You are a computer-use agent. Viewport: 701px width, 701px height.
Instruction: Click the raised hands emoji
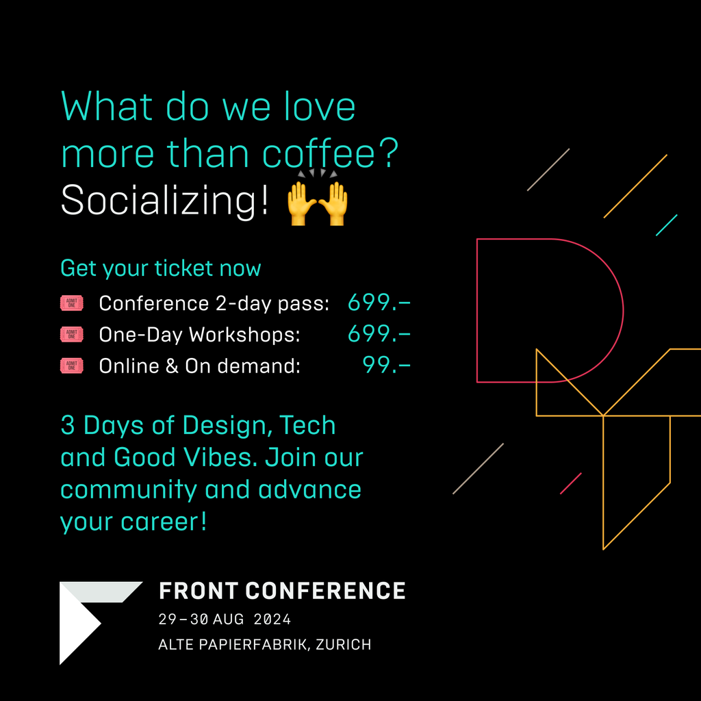(317, 198)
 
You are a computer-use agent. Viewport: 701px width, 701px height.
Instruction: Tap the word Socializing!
(164, 201)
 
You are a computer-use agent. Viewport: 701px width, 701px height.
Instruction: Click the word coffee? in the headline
(330, 153)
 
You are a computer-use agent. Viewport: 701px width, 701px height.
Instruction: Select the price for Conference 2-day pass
(379, 303)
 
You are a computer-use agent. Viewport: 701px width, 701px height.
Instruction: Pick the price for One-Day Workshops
(379, 334)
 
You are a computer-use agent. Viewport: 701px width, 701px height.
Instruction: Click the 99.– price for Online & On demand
(386, 366)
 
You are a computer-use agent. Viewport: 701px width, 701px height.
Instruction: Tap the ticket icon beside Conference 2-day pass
(71, 303)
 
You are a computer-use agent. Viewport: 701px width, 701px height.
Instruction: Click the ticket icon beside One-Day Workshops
(71, 334)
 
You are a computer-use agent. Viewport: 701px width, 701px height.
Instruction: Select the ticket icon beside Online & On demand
(71, 366)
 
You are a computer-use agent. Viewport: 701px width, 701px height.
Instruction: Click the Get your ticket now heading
(160, 268)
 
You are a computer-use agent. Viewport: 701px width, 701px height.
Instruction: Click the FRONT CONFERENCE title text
(282, 591)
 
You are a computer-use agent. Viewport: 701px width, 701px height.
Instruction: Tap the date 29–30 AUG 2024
(225, 619)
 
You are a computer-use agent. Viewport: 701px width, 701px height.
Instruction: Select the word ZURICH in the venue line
(344, 645)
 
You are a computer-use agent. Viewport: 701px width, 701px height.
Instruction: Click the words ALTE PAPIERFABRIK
(233, 645)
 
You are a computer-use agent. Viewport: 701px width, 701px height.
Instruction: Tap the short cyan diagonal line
(667, 225)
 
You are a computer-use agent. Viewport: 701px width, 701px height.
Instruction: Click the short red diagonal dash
(571, 483)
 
